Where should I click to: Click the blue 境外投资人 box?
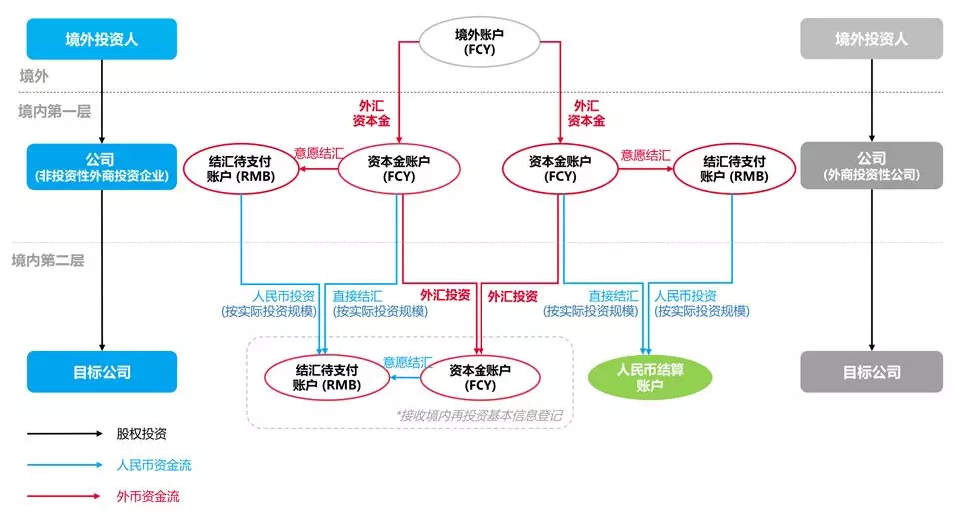pyautogui.click(x=101, y=40)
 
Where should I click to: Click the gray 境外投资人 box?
pyautogui.click(x=871, y=40)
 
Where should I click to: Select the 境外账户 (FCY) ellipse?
pyautogui.click(x=481, y=41)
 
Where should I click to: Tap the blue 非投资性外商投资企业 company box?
pyautogui.click(x=101, y=167)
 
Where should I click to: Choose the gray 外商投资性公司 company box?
pyautogui.click(x=871, y=167)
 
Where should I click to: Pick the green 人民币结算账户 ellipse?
pyautogui.click(x=649, y=377)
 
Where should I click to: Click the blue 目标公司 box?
pyautogui.click(x=101, y=372)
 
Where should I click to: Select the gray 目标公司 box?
pyautogui.click(x=871, y=372)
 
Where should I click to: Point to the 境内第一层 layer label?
pyautogui.click(x=54, y=111)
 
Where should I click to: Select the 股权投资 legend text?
pyautogui.click(x=141, y=434)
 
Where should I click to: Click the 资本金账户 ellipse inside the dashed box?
pyautogui.click(x=480, y=377)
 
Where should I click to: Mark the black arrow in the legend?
pyautogui.click(x=65, y=434)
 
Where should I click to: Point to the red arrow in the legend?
pyautogui.click(x=65, y=496)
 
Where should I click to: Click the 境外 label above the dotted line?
pyautogui.click(x=34, y=76)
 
